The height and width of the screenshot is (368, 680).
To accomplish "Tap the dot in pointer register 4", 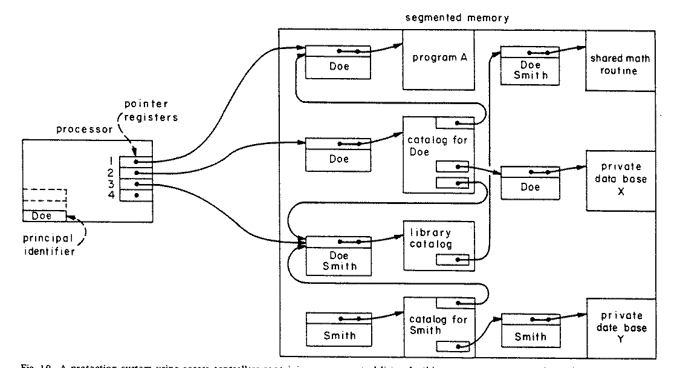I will [x=138, y=195].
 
